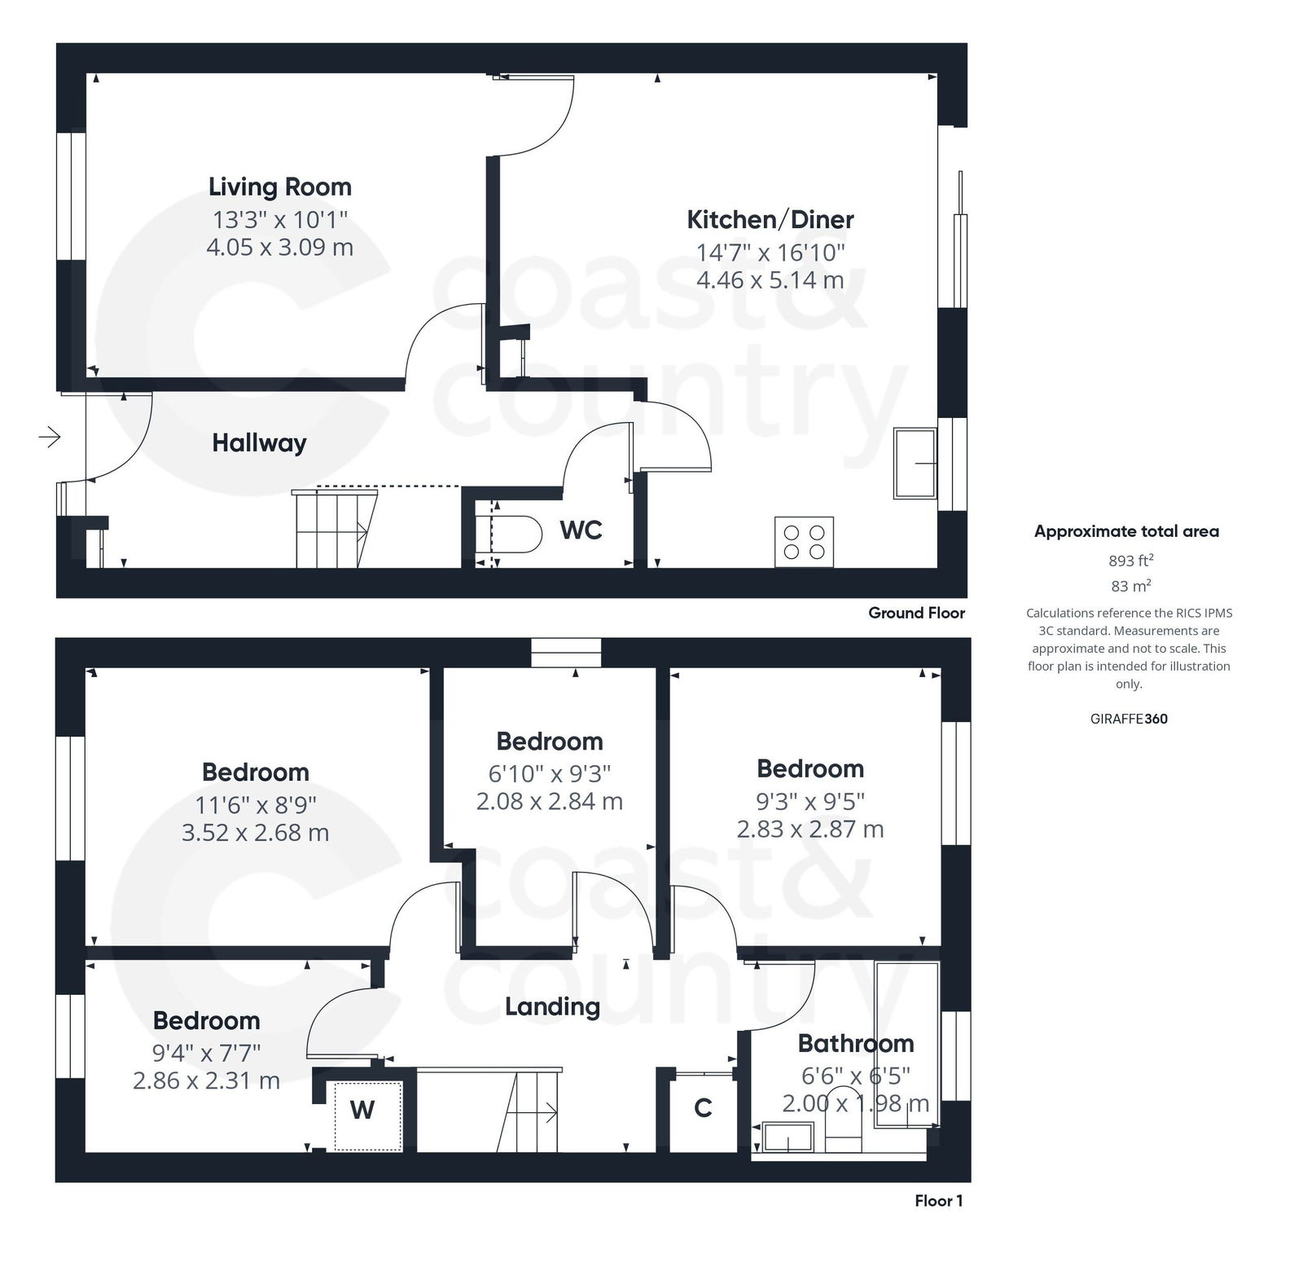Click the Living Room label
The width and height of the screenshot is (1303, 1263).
(x=280, y=187)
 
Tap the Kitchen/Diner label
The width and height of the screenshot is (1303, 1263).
(x=770, y=219)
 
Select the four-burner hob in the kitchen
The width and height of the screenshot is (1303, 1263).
(x=804, y=542)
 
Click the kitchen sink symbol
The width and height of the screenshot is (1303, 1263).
(x=915, y=463)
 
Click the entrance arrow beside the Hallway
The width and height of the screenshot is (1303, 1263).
(x=50, y=438)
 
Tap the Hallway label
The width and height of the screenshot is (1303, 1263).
(x=259, y=443)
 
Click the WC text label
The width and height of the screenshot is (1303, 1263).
(x=581, y=530)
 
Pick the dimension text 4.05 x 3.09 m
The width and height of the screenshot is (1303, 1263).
(x=280, y=247)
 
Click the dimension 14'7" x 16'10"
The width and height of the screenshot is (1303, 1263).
(x=770, y=253)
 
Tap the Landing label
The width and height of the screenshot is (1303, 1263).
(x=552, y=1006)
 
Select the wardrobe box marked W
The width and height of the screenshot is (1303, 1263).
(x=363, y=1110)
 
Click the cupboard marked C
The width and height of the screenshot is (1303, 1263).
(x=703, y=1108)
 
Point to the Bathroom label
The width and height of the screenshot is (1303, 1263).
(x=855, y=1043)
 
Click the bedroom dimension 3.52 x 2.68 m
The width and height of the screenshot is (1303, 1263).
(x=255, y=833)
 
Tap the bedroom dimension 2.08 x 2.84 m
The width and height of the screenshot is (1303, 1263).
(x=550, y=802)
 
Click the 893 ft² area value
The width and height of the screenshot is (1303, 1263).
(x=1130, y=561)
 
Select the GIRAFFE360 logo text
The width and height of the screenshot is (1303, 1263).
(x=1128, y=719)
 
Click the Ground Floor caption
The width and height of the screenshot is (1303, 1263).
(x=916, y=613)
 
